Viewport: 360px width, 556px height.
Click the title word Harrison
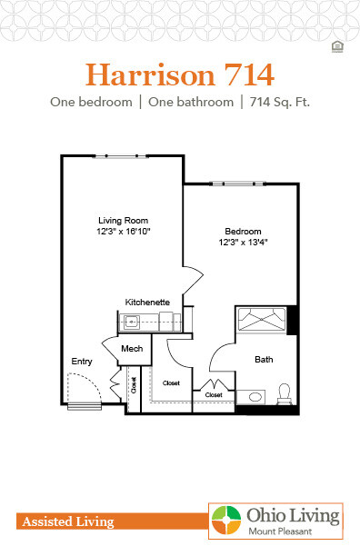[x=145, y=72]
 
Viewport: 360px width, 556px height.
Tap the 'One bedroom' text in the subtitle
[x=88, y=102]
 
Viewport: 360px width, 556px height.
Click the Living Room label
[x=123, y=221]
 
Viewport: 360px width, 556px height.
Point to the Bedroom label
[x=243, y=232]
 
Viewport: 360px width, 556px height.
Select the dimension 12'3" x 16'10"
[x=123, y=232]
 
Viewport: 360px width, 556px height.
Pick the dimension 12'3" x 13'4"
[x=243, y=243]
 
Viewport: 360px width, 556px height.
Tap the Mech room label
[x=131, y=349]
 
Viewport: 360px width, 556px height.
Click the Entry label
[x=82, y=362]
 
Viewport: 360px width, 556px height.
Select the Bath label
[x=263, y=360]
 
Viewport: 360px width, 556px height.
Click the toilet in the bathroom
[x=284, y=393]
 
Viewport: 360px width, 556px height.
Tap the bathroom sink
[x=255, y=397]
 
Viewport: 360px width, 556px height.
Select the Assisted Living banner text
[x=65, y=521]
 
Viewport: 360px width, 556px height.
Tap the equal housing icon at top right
[x=337, y=46]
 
